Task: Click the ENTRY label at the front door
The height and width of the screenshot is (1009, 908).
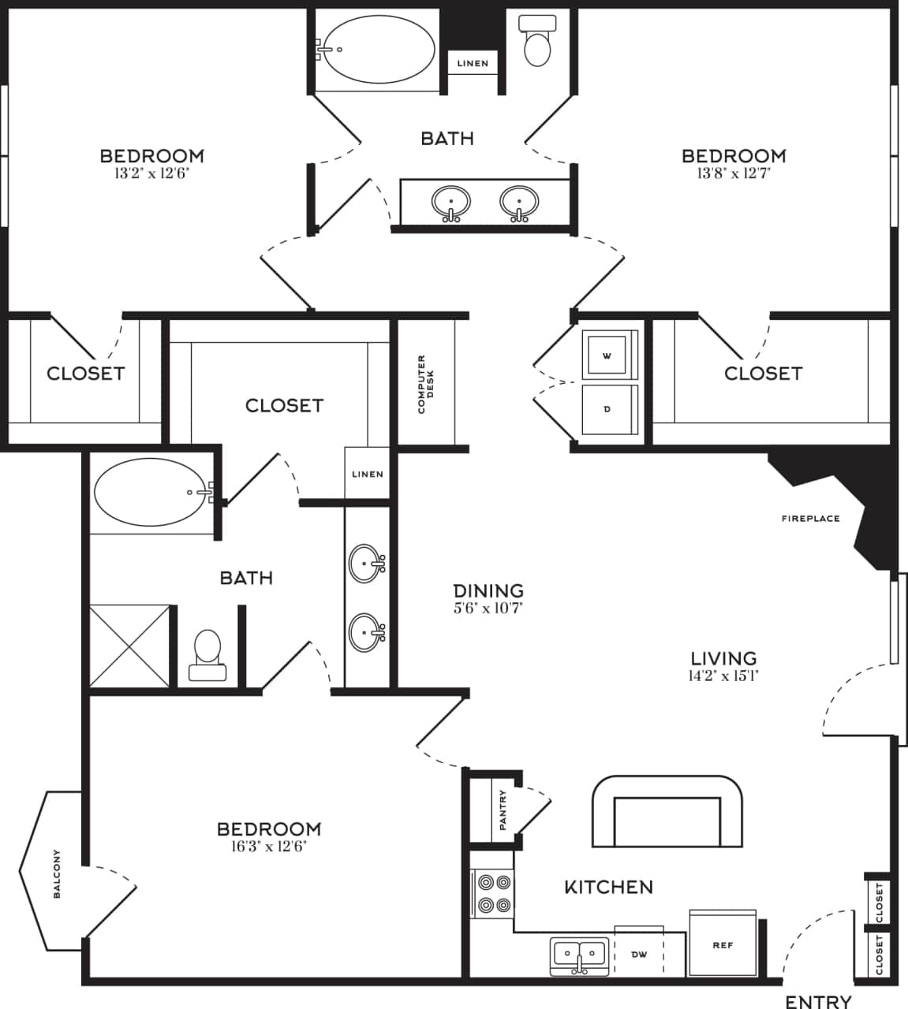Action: pyautogui.click(x=818, y=1001)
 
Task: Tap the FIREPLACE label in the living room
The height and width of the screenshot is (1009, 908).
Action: pyautogui.click(x=810, y=519)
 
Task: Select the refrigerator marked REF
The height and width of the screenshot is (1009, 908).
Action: pyautogui.click(x=723, y=944)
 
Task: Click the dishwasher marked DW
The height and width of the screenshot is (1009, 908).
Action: pyautogui.click(x=639, y=955)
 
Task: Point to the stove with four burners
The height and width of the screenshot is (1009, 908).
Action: pyautogui.click(x=492, y=894)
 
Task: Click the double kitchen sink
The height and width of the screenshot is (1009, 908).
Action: pyautogui.click(x=579, y=955)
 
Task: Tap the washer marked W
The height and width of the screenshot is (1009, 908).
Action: pyautogui.click(x=607, y=356)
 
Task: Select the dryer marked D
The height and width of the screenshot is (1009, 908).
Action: pyautogui.click(x=607, y=409)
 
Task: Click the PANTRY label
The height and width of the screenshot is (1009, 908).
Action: pyautogui.click(x=503, y=810)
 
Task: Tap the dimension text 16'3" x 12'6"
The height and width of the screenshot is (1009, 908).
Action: pyautogui.click(x=268, y=847)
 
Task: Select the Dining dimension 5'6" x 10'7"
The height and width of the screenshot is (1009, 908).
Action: pyautogui.click(x=488, y=608)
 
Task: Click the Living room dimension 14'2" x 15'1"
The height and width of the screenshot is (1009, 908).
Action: pyautogui.click(x=723, y=676)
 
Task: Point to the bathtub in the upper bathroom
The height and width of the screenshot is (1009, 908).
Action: pyautogui.click(x=379, y=48)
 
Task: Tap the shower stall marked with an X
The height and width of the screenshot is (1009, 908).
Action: pyautogui.click(x=129, y=645)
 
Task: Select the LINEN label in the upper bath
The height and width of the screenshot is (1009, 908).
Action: pyautogui.click(x=473, y=63)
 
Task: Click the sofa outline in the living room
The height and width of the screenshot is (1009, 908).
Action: pyautogui.click(x=667, y=812)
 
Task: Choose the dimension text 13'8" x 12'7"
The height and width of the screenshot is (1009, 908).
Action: pyautogui.click(x=733, y=173)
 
